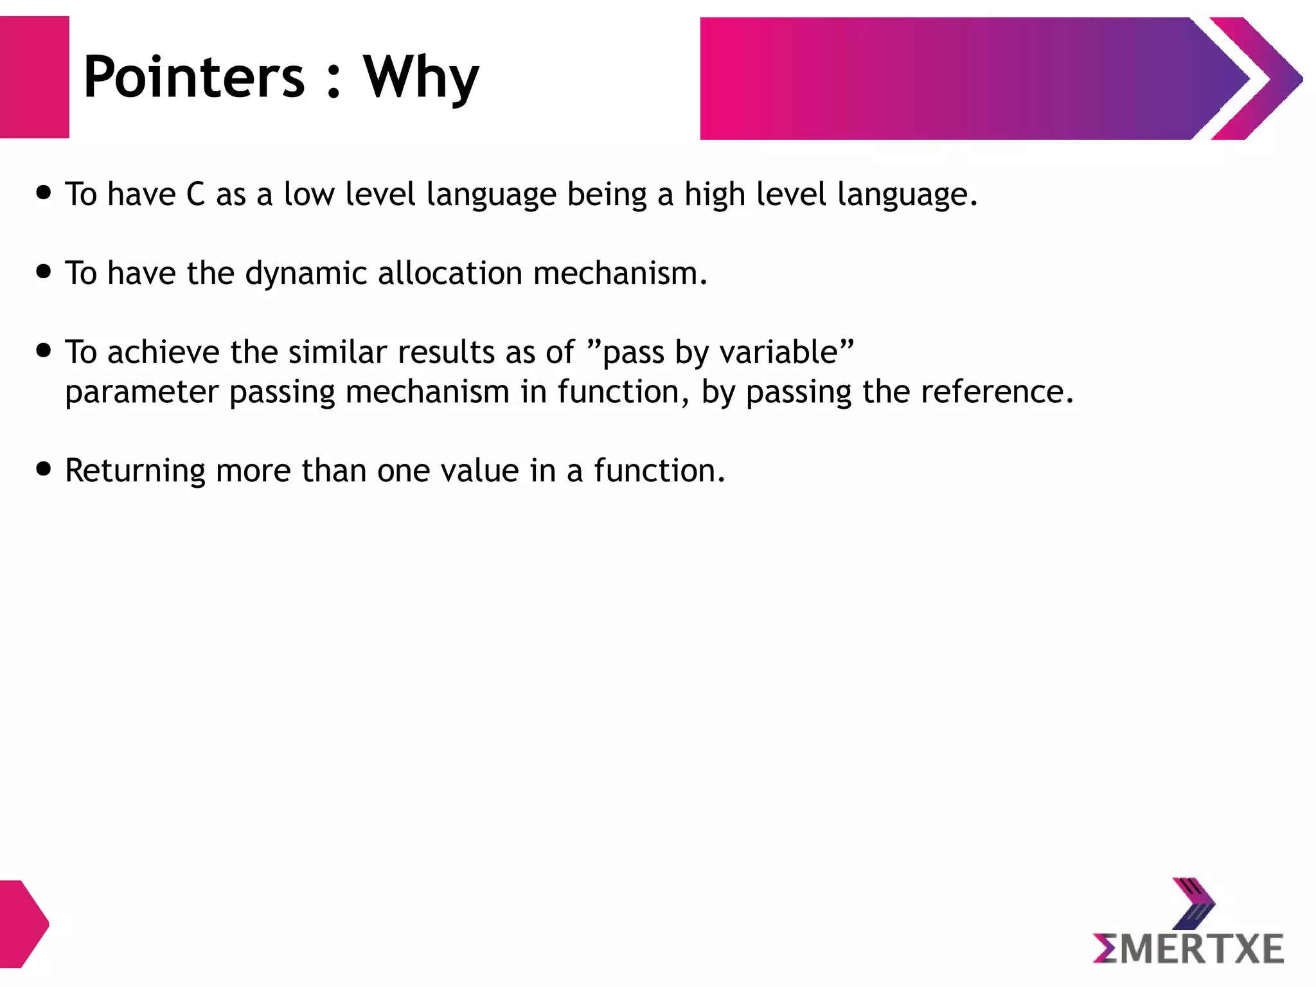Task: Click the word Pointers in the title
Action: [x=194, y=77]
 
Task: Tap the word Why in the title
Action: [x=421, y=77]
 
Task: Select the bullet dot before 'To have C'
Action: [x=44, y=193]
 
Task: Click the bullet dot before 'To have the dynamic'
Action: [x=44, y=272]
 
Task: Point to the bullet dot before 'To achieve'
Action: [x=44, y=351]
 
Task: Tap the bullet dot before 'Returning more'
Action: [x=44, y=469]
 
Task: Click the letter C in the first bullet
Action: [x=195, y=194]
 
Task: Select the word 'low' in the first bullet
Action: [x=308, y=194]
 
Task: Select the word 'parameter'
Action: [x=141, y=392]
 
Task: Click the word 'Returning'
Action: [x=135, y=471]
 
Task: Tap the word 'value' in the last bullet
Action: [x=479, y=470]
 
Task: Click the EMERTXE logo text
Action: [x=1189, y=949]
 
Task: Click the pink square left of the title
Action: [x=35, y=77]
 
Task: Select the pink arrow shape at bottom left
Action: [x=23, y=923]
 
